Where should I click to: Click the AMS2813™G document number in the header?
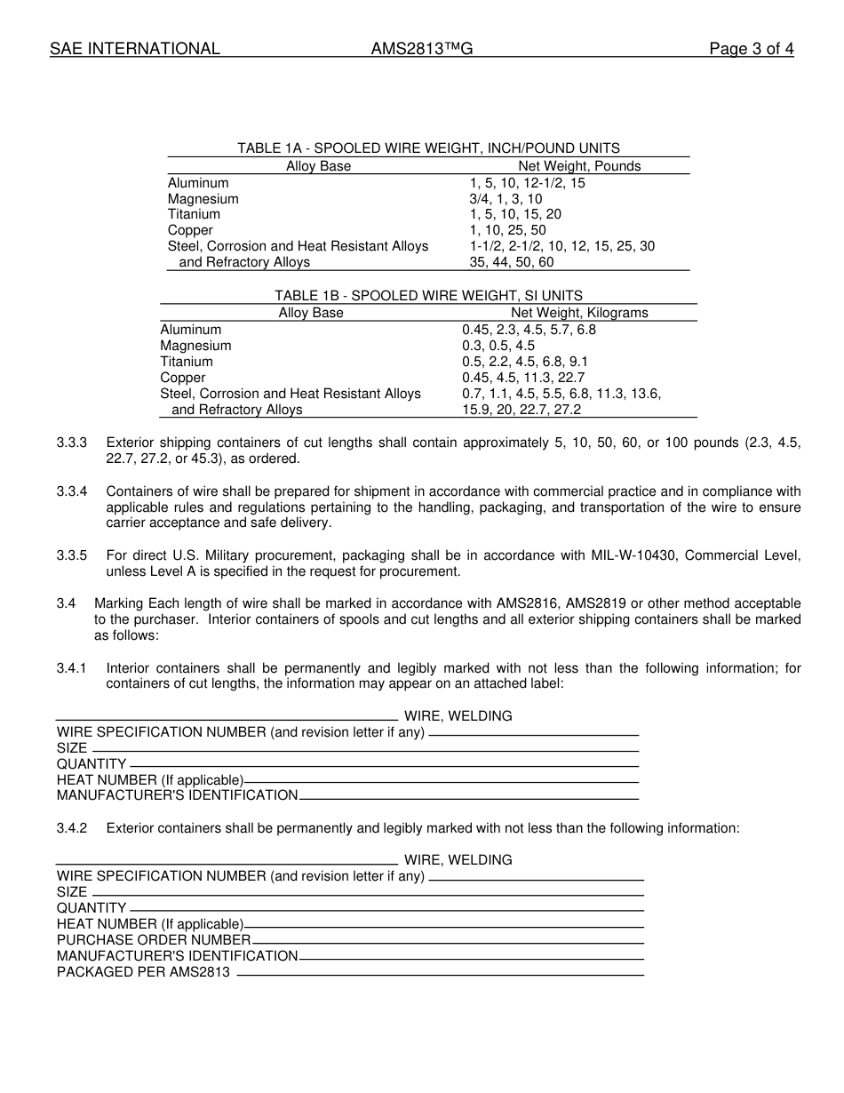(422, 49)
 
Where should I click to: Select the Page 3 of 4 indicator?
(751, 49)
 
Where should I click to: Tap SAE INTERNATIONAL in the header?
(134, 49)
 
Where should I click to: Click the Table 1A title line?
(428, 148)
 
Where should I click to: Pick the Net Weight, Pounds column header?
(579, 166)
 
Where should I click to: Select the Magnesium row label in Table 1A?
(203, 199)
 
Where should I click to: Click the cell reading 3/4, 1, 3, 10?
(506, 199)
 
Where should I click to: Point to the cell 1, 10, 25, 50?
(507, 230)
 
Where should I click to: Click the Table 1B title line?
(428, 296)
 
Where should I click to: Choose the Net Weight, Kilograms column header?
(579, 313)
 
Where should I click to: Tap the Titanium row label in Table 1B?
(187, 362)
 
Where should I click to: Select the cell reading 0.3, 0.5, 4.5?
(498, 346)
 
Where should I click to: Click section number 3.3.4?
(72, 491)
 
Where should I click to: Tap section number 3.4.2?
(72, 828)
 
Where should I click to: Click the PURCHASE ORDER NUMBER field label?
(154, 940)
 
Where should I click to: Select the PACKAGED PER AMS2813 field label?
(143, 972)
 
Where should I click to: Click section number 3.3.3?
(72, 443)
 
